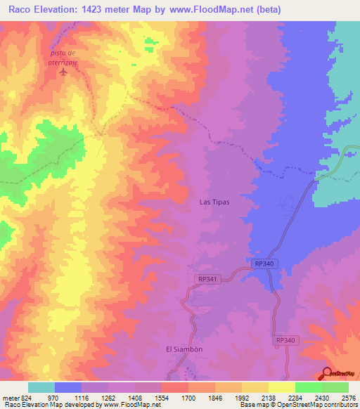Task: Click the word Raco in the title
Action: [x=23, y=9]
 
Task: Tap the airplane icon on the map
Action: [x=64, y=72]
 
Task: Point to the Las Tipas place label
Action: [x=214, y=202]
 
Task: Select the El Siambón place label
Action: [x=184, y=349]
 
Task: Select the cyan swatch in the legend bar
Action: [x=41, y=387]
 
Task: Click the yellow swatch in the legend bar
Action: [x=281, y=387]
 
